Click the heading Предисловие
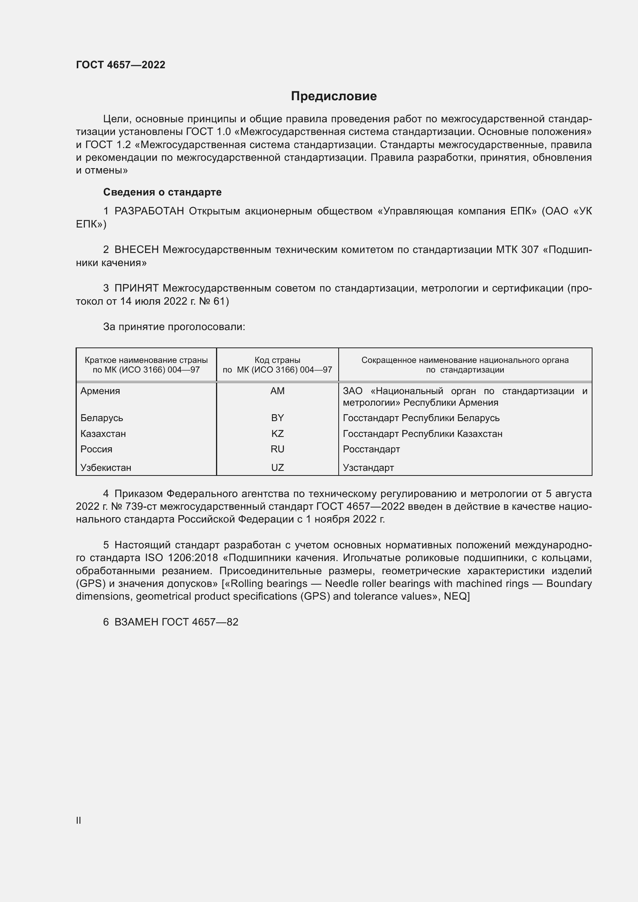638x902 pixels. (334, 96)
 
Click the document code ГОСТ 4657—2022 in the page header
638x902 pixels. (121, 65)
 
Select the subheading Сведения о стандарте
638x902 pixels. (162, 192)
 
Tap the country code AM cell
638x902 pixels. (277, 391)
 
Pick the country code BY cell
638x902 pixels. (277, 418)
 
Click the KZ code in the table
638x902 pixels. (277, 434)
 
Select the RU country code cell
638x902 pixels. (277, 449)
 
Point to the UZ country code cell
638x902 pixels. (277, 467)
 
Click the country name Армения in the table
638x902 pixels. (100, 391)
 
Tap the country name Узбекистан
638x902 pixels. (106, 467)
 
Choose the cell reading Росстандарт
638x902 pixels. (371, 449)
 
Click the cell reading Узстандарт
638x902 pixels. (368, 467)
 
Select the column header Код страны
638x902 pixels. (277, 360)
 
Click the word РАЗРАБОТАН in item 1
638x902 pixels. (149, 211)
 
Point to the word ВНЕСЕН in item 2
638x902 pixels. (136, 250)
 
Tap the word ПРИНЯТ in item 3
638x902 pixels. (136, 288)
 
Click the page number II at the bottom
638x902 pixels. (79, 820)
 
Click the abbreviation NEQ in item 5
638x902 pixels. (455, 596)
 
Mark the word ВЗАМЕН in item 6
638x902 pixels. (136, 622)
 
